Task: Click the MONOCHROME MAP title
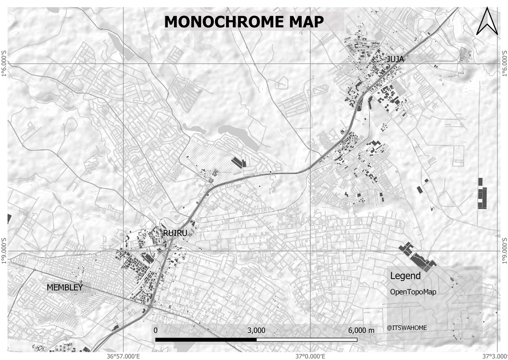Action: [244, 22]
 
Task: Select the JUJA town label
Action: [395, 59]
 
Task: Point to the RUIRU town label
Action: [175, 232]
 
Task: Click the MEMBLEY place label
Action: [65, 287]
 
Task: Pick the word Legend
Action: [405, 276]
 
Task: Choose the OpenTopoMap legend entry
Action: [413, 292]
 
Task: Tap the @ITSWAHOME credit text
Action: [406, 327]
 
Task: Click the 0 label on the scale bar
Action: [156, 330]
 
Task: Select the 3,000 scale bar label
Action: [256, 330]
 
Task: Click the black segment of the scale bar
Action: [206, 339]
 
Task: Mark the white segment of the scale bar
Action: [307, 339]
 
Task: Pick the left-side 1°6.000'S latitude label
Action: [4, 64]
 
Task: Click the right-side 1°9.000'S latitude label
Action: [504, 251]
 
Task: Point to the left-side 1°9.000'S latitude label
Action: [4, 251]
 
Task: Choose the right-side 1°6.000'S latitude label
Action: [504, 64]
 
